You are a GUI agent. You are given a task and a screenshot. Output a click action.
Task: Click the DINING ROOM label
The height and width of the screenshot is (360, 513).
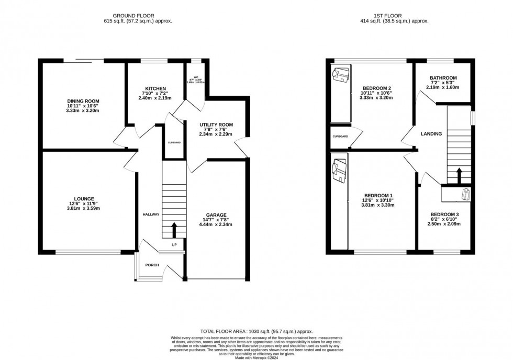point(83,101)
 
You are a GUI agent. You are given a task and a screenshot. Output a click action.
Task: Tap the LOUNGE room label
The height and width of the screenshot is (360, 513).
point(84,199)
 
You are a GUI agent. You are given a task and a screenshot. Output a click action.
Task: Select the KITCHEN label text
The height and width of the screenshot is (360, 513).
point(156,88)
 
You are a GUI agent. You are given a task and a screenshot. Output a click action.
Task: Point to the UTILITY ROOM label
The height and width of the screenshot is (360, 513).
point(216,125)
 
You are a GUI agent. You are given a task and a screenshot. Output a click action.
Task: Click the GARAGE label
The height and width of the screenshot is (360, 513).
point(216,215)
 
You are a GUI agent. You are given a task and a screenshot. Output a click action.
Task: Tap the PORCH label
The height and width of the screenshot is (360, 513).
point(152,265)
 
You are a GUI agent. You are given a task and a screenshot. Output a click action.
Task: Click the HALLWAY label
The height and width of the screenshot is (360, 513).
point(151,215)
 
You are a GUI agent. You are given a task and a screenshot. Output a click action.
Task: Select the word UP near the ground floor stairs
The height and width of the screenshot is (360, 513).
point(174,244)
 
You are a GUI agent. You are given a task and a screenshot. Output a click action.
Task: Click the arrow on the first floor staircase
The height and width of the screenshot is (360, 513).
point(459,175)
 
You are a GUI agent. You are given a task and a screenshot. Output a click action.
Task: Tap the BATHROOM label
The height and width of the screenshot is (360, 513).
point(443,78)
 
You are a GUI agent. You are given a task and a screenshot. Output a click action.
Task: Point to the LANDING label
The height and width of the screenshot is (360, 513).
point(431,134)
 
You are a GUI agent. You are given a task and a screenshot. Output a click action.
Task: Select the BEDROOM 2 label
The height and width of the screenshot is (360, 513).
point(377,88)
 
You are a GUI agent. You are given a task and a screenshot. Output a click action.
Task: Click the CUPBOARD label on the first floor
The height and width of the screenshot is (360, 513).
point(341,137)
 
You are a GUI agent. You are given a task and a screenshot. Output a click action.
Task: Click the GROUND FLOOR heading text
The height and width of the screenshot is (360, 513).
point(138,15)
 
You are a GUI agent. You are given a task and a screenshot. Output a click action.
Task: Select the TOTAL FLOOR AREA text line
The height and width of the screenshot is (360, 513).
point(255,332)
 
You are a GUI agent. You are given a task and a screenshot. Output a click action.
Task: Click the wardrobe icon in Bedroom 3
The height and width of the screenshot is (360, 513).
point(463,194)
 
